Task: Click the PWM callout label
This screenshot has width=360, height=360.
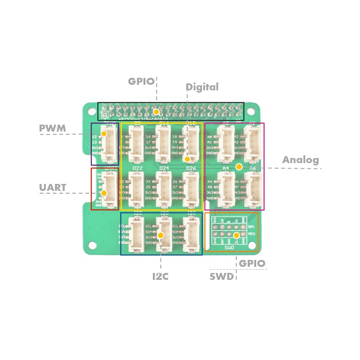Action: pos(52,128)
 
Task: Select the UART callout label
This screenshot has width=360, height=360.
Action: pos(53,188)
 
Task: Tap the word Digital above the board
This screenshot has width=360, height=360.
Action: pos(202,87)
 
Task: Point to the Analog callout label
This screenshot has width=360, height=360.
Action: pos(301,160)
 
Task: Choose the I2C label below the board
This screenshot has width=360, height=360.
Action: pos(160,277)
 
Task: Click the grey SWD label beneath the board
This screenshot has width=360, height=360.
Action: pos(221,277)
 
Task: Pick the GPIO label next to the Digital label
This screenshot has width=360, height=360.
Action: pos(141,82)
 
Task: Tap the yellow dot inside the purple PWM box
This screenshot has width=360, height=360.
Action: pos(104,133)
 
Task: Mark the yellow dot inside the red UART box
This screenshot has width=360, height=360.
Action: pos(104,193)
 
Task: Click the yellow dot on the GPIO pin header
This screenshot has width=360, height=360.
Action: pos(157,112)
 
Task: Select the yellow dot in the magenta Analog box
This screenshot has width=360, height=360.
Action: pos(239,166)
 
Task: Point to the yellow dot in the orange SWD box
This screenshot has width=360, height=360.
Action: pos(236,235)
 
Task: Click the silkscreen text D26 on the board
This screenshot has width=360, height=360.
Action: pos(192,168)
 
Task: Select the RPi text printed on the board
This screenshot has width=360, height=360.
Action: pos(251,227)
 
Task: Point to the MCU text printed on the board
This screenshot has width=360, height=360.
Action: pos(251,234)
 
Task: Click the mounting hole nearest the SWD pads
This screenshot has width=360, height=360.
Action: pos(251,265)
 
